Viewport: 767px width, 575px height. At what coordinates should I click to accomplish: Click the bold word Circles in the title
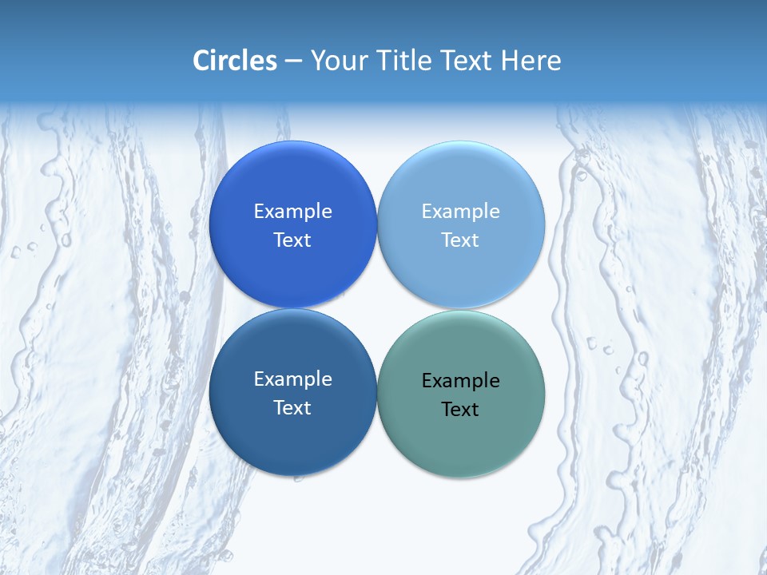(x=234, y=61)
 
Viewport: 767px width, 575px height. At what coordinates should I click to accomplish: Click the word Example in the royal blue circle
(x=292, y=211)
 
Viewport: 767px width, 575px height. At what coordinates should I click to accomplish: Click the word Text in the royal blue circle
(x=292, y=240)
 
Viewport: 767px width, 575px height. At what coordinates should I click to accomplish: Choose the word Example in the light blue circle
(x=461, y=211)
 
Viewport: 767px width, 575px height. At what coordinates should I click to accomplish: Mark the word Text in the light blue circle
(x=461, y=240)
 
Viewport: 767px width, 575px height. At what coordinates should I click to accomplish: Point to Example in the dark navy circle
(x=292, y=379)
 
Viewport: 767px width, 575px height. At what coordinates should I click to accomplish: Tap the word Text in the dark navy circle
(x=292, y=407)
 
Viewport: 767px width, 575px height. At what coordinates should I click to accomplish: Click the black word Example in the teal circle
(x=461, y=380)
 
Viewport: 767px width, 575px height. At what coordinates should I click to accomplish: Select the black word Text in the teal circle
(x=461, y=409)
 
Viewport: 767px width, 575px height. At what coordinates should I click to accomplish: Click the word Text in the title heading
(x=467, y=61)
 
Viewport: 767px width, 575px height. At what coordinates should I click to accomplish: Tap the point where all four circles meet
(x=377, y=308)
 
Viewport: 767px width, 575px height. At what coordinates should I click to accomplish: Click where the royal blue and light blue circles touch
(x=377, y=224)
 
